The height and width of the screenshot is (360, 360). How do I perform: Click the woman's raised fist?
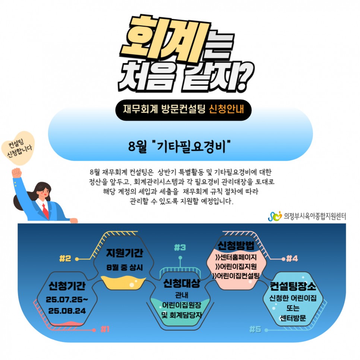(16, 173)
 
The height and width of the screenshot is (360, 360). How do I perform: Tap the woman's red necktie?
(45, 210)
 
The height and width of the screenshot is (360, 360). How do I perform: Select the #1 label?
(105, 329)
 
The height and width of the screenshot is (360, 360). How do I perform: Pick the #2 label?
(65, 258)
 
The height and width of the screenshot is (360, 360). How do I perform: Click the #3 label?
(180, 247)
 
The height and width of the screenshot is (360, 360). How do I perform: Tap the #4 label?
(292, 258)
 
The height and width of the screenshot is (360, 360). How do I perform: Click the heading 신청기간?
(67, 286)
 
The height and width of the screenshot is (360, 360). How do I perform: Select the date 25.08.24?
(66, 310)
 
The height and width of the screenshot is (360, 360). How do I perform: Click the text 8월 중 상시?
(124, 267)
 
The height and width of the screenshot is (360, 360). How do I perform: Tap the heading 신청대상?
(181, 283)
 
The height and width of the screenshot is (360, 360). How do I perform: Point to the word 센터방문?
(293, 319)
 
